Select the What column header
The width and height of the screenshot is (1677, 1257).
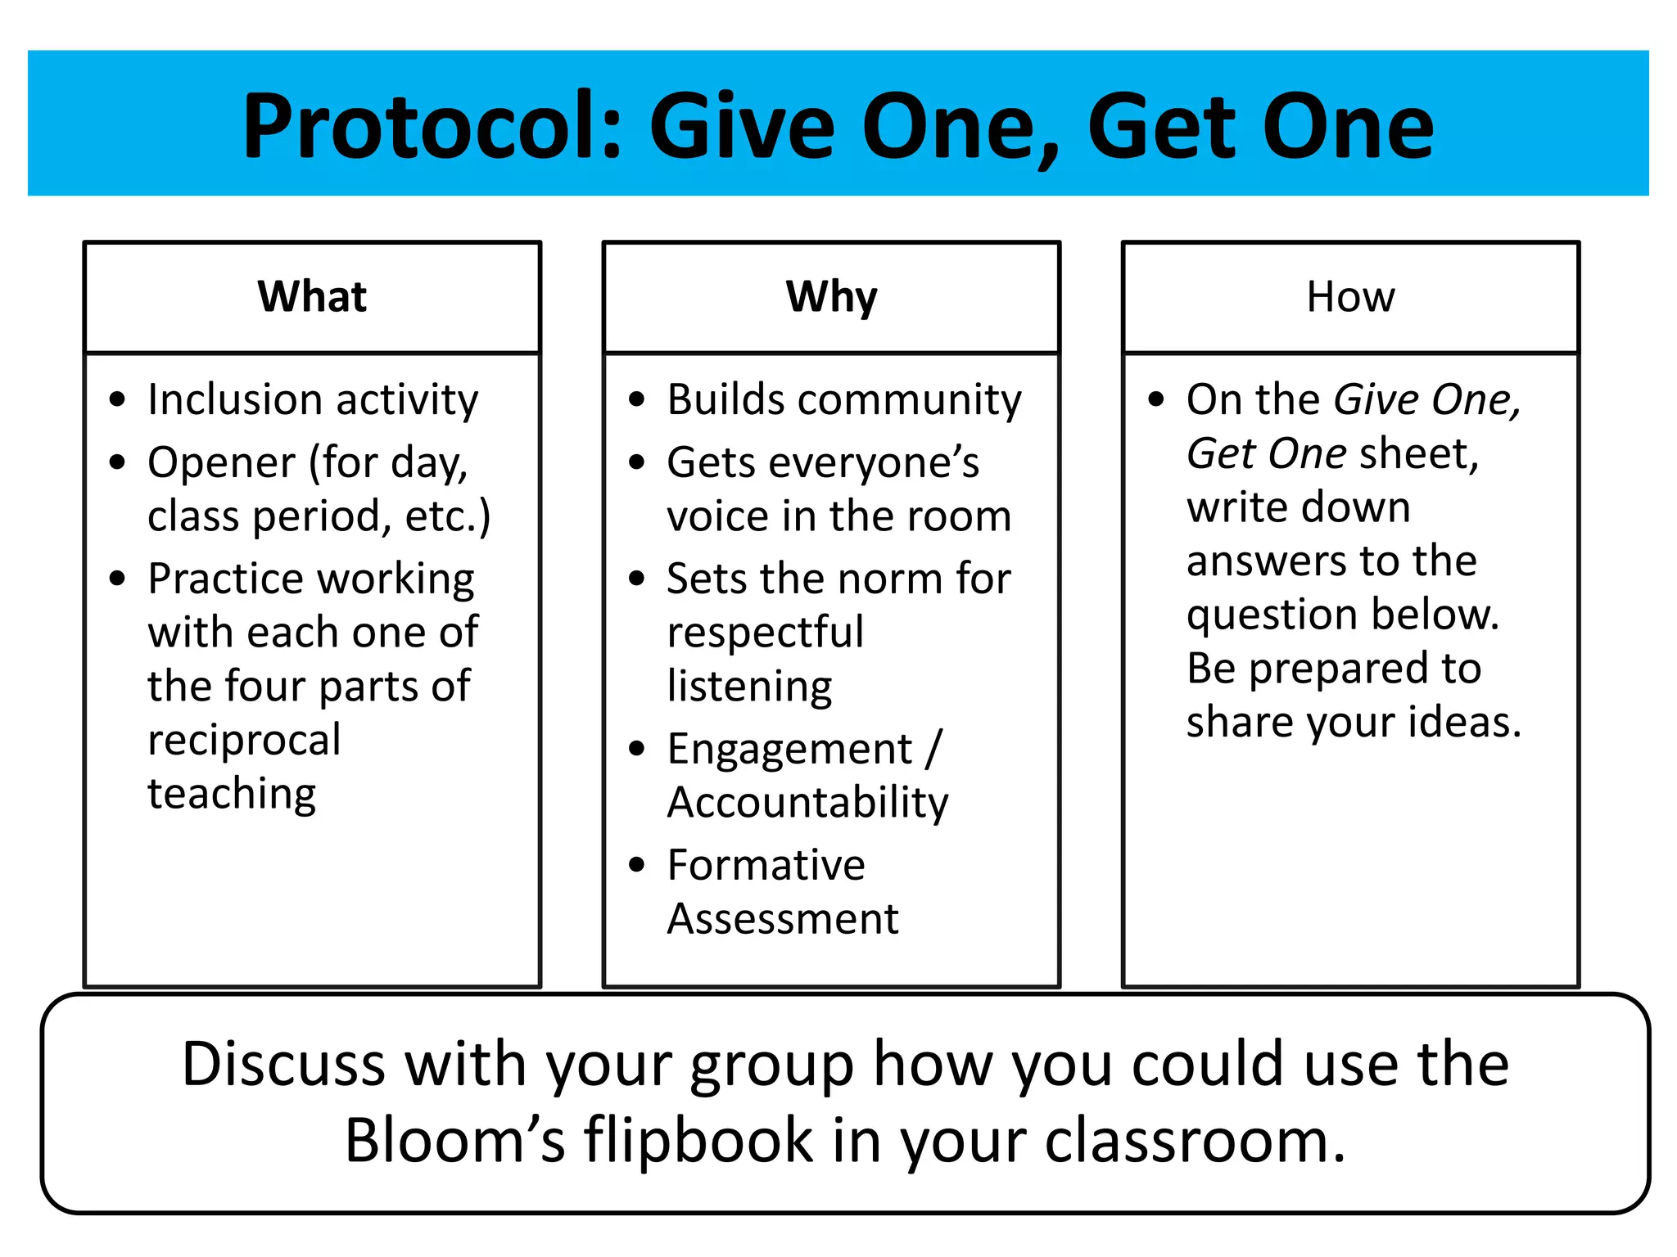[x=312, y=296]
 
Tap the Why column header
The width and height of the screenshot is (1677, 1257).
[x=831, y=296]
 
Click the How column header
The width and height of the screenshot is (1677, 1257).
[x=1350, y=296]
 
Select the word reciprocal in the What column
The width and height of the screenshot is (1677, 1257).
[x=244, y=740]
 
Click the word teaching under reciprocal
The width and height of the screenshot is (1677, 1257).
[x=232, y=794]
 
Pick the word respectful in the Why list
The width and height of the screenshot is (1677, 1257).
[x=765, y=633]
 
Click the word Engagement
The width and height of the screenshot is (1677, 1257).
[x=789, y=750]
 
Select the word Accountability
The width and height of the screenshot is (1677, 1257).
[x=807, y=803]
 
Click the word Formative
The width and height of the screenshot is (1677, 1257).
[x=766, y=865]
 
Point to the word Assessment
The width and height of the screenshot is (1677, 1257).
[x=783, y=919]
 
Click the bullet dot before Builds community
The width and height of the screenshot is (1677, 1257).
[x=637, y=400]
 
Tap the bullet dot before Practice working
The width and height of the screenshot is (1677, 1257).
[x=118, y=579]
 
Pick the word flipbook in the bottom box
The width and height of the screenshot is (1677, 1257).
[x=698, y=1141]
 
